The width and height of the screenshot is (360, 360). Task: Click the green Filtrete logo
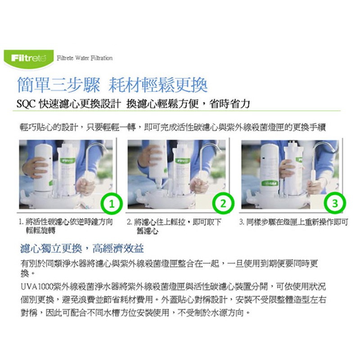[29, 59]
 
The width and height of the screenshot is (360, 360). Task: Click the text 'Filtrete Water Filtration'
[85, 58]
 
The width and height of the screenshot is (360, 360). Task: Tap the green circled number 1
[112, 204]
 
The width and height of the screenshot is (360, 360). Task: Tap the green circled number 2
[223, 203]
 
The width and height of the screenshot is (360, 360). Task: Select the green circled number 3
[335, 203]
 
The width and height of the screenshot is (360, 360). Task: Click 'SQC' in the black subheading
[26, 104]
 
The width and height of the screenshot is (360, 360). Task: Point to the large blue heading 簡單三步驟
[59, 85]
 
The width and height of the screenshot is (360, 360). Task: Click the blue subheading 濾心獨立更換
[51, 248]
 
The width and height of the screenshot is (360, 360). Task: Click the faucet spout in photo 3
[323, 149]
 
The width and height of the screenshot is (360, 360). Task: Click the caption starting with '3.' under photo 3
[294, 222]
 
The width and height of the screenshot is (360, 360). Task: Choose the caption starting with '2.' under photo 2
[174, 226]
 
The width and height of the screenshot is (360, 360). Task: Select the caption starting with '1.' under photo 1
[66, 226]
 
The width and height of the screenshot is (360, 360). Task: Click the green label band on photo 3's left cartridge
[269, 184]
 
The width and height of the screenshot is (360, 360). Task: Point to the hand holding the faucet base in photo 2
[199, 184]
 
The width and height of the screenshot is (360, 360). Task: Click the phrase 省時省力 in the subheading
[229, 104]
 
